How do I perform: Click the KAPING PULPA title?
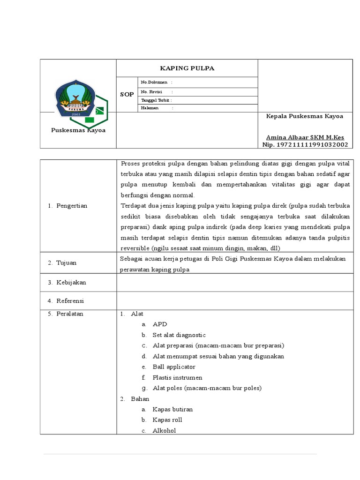187,68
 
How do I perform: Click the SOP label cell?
127,95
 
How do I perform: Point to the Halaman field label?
150,108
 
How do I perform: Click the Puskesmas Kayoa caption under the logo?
78,130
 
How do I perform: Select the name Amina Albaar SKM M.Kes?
305,137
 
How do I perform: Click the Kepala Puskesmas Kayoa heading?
305,116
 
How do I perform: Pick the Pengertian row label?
72,206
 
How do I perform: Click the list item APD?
160,324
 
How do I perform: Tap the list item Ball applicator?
174,367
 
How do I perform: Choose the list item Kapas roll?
167,420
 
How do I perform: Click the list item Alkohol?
164,430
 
